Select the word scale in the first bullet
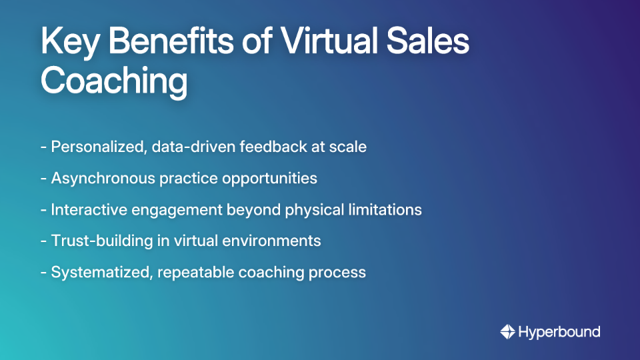[347, 147]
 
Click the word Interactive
[91, 210]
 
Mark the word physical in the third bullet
[309, 210]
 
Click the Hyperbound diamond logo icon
[507, 331]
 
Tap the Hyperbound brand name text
[559, 331]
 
